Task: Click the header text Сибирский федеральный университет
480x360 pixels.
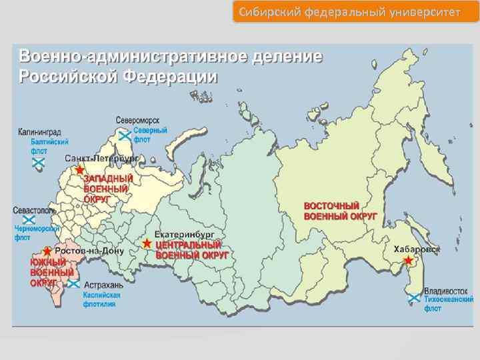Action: [355, 12]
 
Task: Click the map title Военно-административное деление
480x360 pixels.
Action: [171, 56]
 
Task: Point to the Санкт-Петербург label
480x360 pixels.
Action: [101, 159]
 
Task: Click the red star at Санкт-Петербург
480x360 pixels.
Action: [81, 170]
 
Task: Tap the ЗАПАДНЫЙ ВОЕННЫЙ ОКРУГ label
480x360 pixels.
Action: [108, 189]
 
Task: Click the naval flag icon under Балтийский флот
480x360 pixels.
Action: [39, 162]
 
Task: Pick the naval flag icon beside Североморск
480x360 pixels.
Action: [124, 135]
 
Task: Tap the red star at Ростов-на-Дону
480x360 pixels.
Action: [47, 251]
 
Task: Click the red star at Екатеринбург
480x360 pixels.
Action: [147, 244]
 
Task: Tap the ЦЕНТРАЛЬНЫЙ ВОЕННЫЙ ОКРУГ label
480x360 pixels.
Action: [192, 250]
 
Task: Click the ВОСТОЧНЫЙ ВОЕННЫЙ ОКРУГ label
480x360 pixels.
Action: [340, 211]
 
